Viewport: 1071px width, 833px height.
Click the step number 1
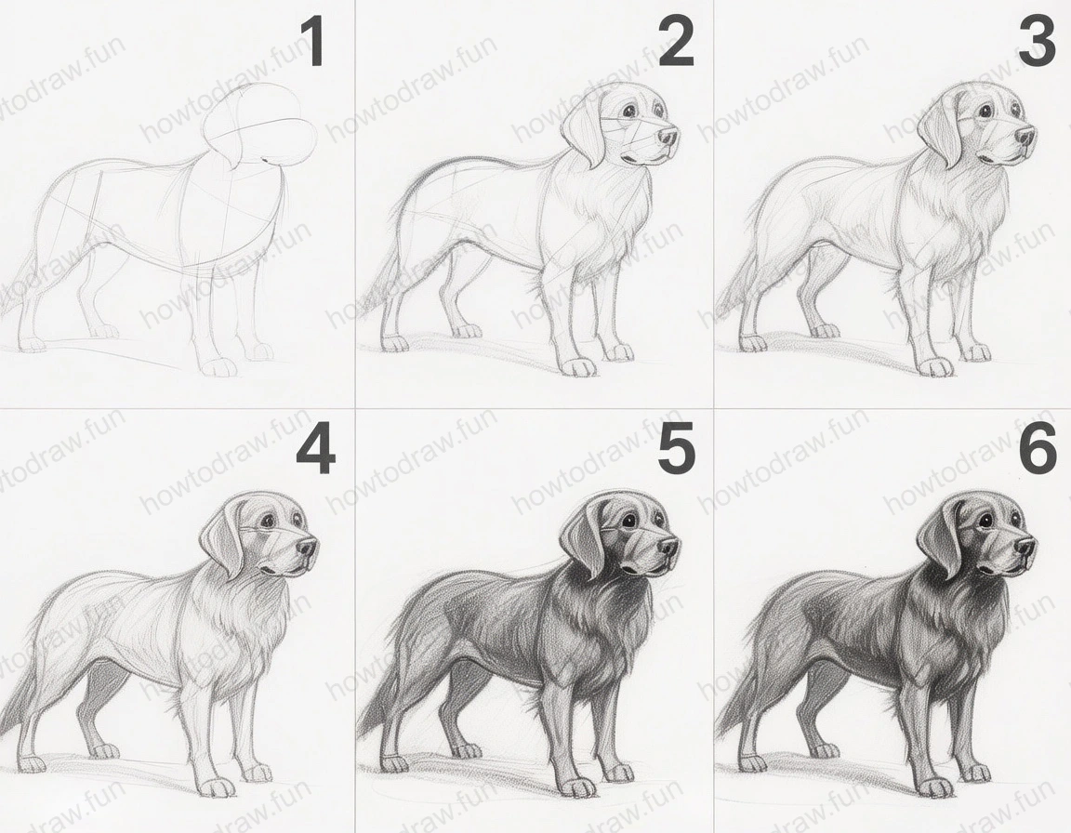click(313, 43)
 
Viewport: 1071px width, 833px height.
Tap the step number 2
click(676, 43)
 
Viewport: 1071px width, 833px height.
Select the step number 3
click(1037, 43)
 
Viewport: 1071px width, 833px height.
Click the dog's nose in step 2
click(668, 137)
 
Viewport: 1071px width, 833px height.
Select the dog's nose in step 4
click(306, 547)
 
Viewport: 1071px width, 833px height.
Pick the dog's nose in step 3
click(1024, 137)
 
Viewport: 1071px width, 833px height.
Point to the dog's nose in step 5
click(667, 546)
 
